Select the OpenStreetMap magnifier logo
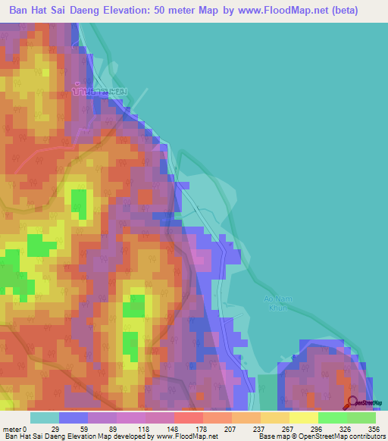pos(353,404)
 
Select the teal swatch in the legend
pos(45,418)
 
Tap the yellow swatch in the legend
pos(304,418)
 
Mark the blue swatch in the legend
pos(74,418)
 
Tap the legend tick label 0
pos(25,429)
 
